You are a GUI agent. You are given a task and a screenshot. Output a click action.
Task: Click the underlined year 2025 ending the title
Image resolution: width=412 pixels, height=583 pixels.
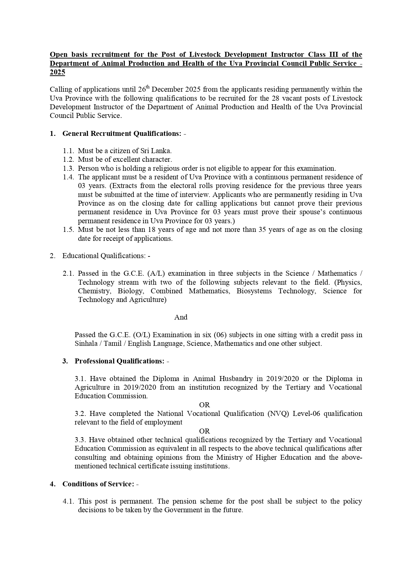pos(57,72)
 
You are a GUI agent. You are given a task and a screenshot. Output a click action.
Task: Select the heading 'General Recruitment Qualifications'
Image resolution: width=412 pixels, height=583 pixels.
pos(122,134)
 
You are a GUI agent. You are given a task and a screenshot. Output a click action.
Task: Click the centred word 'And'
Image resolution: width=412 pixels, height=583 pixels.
pos(181,317)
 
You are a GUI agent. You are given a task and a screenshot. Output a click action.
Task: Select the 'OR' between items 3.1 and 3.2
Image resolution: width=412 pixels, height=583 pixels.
pos(205,405)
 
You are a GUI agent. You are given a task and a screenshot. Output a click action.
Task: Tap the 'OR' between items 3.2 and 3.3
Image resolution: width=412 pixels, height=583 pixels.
pos(205,431)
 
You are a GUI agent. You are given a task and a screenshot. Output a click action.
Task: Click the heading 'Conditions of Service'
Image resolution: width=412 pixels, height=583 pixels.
pos(98,484)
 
